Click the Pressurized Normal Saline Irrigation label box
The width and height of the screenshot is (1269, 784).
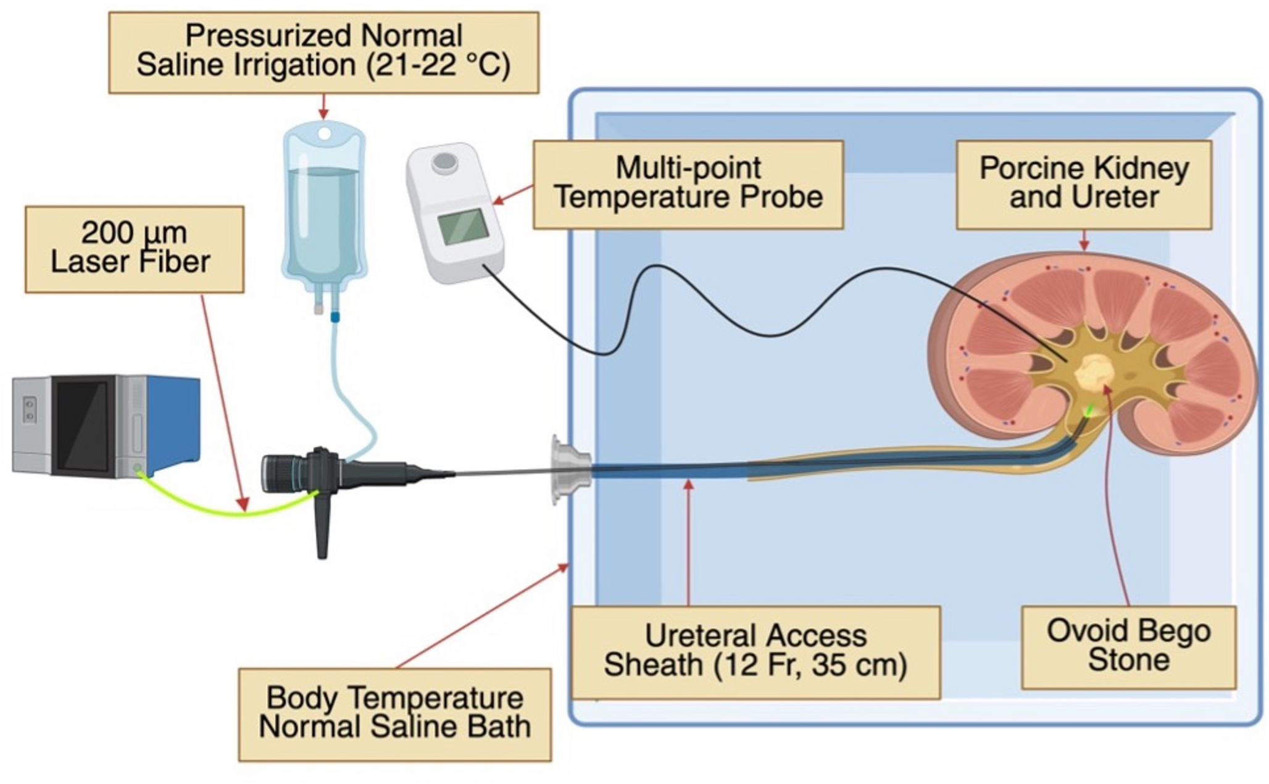(323, 52)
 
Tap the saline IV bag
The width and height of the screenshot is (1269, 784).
(323, 210)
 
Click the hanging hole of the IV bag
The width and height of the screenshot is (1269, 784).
(323, 133)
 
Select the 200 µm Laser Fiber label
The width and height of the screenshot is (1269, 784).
(134, 248)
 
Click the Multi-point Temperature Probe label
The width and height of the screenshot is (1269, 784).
(688, 184)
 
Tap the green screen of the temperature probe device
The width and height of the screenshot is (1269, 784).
(463, 227)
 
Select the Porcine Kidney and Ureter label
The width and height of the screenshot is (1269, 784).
(1083, 184)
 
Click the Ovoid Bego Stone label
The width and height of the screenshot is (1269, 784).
(1128, 646)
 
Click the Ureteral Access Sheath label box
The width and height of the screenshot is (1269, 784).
(755, 651)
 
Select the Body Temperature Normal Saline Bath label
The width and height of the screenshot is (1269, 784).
(394, 714)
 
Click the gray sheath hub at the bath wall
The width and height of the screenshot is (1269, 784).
(569, 469)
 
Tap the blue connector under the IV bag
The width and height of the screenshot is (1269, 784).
(335, 317)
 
